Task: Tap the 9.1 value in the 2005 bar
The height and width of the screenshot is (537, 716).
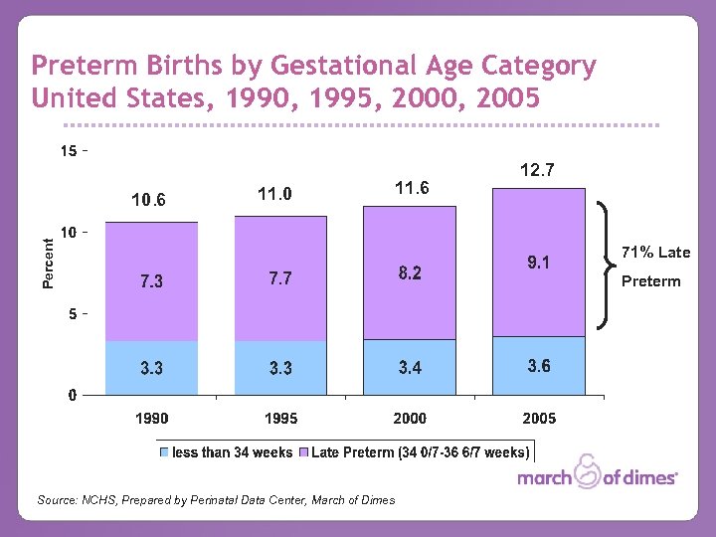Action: coord(537,264)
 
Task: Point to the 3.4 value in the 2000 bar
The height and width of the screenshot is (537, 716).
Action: coord(410,369)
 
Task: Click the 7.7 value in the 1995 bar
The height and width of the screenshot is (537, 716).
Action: coord(280,279)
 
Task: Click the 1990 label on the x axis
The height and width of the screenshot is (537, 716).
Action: coord(151,419)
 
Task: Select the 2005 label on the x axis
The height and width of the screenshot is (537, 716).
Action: coord(539,419)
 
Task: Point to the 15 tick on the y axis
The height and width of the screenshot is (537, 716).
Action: coord(68,152)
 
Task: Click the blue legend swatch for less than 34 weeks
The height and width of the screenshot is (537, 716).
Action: coord(165,452)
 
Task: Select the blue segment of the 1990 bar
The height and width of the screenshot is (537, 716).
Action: coord(151,368)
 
